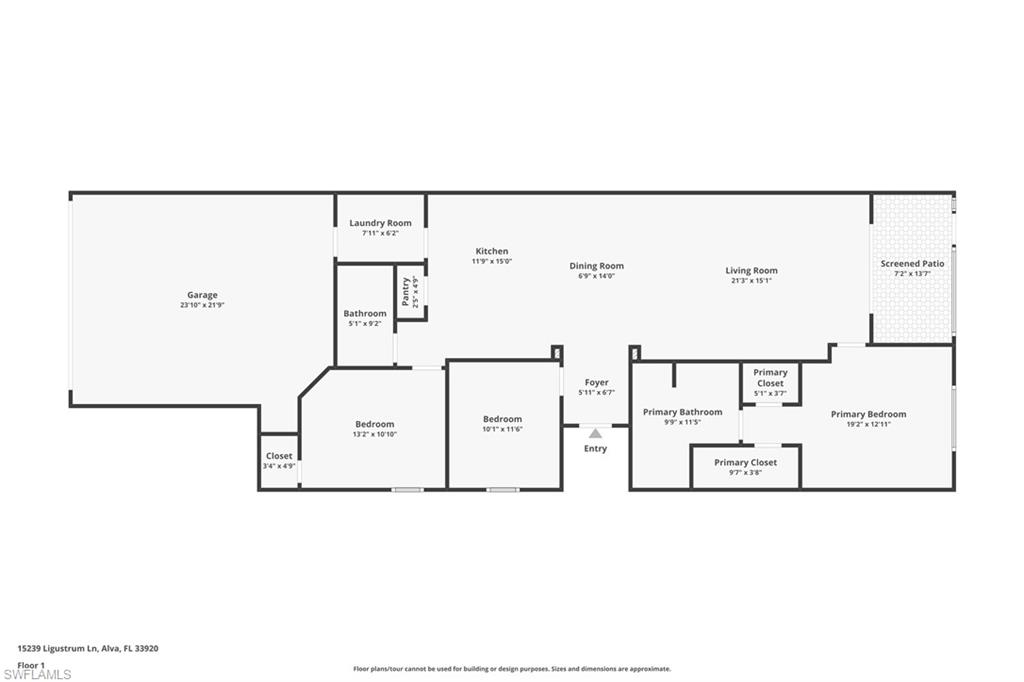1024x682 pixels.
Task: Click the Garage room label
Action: click(x=202, y=295)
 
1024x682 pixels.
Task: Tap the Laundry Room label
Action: click(x=380, y=223)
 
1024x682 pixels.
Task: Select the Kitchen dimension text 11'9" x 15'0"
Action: click(x=491, y=261)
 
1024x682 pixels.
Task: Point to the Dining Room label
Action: click(x=596, y=266)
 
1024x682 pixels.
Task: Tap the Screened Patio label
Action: click(x=912, y=264)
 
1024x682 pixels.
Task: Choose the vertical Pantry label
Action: click(x=405, y=291)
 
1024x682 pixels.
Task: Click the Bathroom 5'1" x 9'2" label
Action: click(x=365, y=314)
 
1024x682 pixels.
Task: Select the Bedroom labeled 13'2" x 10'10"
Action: click(x=374, y=424)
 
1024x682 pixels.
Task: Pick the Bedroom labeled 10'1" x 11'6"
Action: click(x=502, y=419)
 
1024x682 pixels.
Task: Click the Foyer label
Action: click(x=596, y=382)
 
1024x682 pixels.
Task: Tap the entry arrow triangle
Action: click(x=595, y=433)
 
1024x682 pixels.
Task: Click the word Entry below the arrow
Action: click(x=595, y=449)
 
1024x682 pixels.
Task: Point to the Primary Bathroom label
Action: click(x=682, y=412)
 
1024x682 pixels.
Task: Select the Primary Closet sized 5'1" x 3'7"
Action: click(x=770, y=378)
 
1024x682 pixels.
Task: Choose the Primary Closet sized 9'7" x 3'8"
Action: click(x=745, y=463)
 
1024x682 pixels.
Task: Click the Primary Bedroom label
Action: click(x=868, y=414)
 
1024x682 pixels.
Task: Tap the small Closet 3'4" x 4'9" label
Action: click(x=279, y=456)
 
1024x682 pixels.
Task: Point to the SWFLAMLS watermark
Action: click(x=37, y=674)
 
